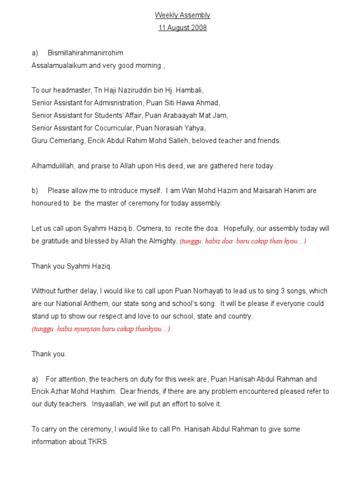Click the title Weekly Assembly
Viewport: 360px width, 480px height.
point(182,15)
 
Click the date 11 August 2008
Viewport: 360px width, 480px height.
point(182,28)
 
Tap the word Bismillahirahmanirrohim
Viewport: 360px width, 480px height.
point(85,53)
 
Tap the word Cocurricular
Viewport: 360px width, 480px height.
point(122,127)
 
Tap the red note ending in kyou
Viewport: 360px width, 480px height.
point(243,241)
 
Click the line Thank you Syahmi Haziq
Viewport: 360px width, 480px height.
point(72,266)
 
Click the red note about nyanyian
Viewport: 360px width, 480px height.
point(101,329)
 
